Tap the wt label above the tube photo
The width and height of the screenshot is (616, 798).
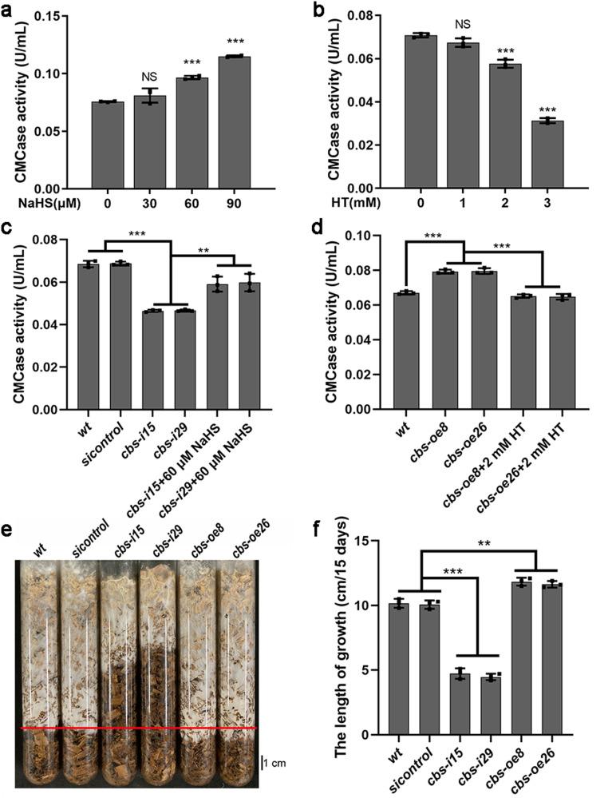[x=40, y=550]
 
